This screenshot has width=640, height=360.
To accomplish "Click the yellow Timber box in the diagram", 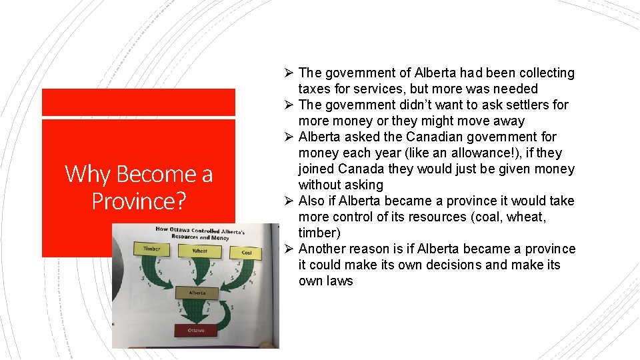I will [152, 248].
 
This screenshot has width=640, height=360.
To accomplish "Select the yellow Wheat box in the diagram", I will [199, 251].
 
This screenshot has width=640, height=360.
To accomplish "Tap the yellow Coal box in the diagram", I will [246, 253].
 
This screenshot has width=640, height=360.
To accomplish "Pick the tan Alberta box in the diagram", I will [197, 293].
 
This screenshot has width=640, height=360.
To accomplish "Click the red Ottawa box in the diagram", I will [195, 329].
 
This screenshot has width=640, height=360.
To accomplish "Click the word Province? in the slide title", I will [139, 200].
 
